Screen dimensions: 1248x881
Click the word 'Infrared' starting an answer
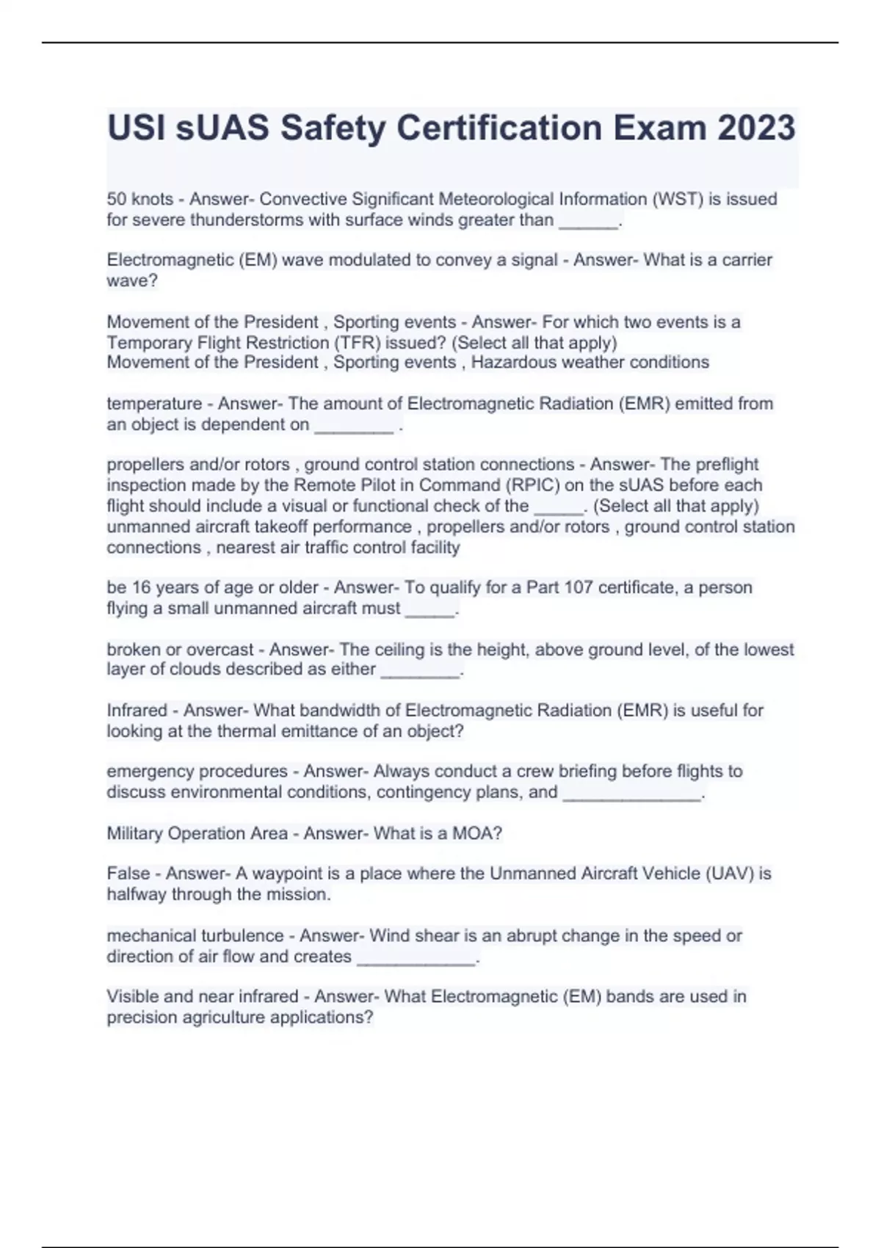click(137, 711)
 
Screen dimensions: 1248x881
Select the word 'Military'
click(135, 834)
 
